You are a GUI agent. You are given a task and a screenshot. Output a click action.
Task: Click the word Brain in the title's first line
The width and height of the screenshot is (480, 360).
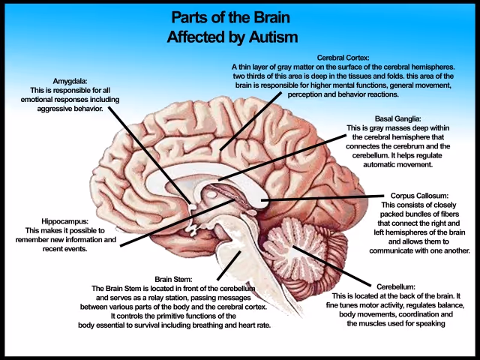point(265,16)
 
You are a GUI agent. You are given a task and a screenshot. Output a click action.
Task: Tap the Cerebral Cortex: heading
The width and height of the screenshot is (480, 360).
point(343,57)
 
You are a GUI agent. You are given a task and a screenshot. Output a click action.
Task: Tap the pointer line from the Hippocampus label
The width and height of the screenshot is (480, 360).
point(165,224)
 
